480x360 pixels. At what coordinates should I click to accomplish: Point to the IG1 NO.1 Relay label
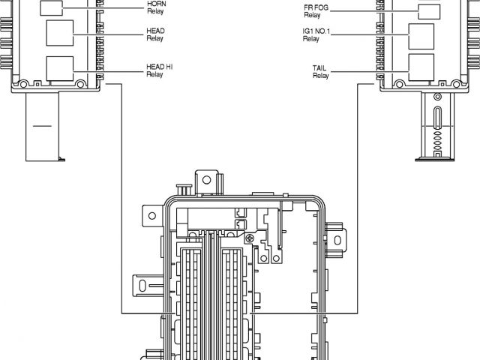point(315,34)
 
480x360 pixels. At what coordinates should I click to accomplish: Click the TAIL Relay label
point(320,71)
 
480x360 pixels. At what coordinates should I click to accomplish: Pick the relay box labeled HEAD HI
point(59,68)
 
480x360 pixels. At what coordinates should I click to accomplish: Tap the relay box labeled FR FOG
point(428,11)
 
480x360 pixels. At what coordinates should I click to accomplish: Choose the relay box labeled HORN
point(52,8)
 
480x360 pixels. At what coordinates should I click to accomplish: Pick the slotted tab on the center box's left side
point(143,286)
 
